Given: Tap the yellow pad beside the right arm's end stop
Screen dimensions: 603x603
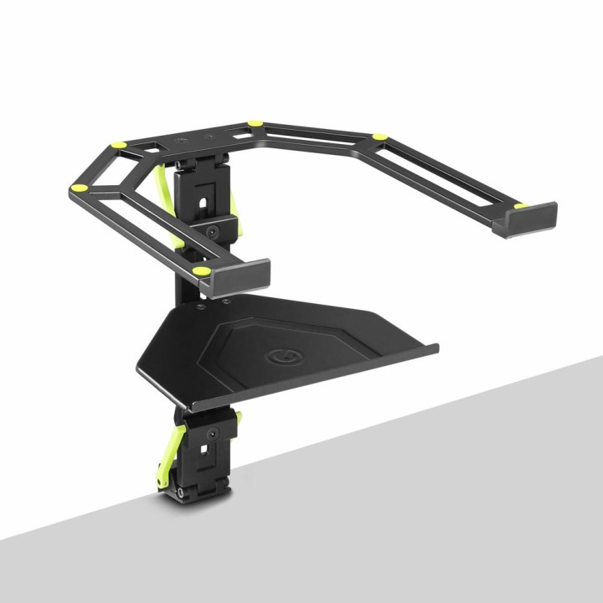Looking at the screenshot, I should pos(522,205).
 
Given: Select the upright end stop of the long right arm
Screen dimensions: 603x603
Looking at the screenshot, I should pos(525,220).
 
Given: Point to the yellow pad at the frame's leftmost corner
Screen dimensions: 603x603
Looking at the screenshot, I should pos(80,188).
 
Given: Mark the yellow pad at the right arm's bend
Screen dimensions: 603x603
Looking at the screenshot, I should pos(379,137).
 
